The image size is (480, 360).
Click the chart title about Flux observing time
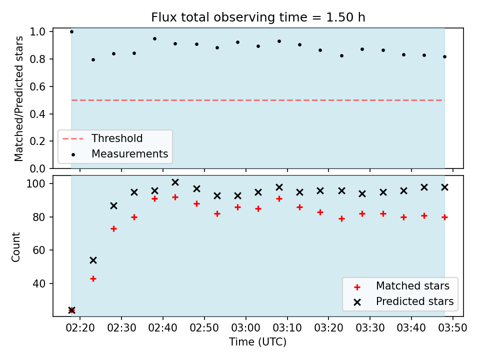click(258, 17)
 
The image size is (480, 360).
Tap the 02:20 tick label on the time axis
click(80, 328)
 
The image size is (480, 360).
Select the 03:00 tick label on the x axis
click(245, 328)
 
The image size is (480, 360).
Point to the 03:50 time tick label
click(452, 328)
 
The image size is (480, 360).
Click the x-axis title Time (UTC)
click(258, 341)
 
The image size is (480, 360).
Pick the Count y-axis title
click(15, 247)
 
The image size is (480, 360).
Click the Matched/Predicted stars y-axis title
click(18, 98)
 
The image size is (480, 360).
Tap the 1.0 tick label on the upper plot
click(37, 32)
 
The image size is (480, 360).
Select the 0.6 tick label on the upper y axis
click(37, 86)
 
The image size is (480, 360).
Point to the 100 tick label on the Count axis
click(36, 183)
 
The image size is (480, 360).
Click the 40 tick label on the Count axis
click(39, 283)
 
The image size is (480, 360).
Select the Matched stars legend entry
click(401, 286)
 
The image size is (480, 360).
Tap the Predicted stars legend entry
click(403, 301)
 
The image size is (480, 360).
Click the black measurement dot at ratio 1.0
click(71, 31)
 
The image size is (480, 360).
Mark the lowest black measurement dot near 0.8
click(93, 59)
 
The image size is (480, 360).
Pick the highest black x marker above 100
click(175, 182)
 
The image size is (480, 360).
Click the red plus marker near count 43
click(93, 278)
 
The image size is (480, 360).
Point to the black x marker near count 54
click(93, 260)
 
